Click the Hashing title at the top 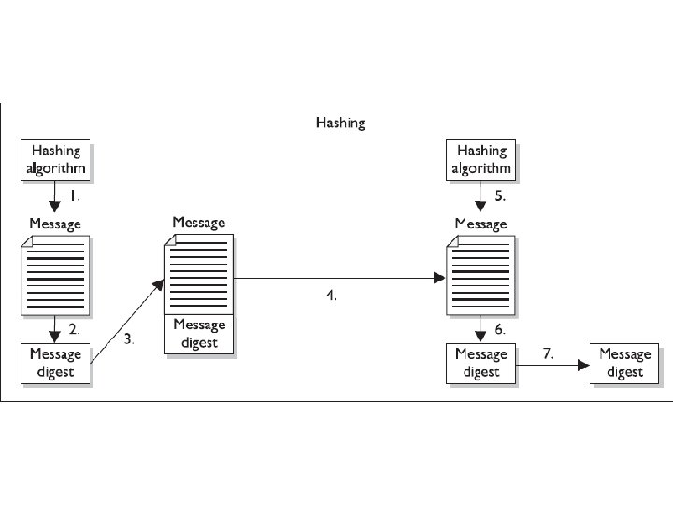(340, 123)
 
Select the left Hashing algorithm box (56, 160)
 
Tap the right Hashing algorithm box (480, 160)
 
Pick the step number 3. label (129, 339)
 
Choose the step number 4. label (331, 295)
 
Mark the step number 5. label (499, 197)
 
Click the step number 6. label (499, 330)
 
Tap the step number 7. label (549, 353)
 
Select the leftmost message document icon (56, 277)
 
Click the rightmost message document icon (480, 277)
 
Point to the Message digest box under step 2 (56, 363)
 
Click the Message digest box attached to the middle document (199, 335)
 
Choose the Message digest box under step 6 (480, 363)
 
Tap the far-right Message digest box (624, 363)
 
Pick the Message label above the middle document (199, 223)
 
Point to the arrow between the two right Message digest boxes (551, 366)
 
